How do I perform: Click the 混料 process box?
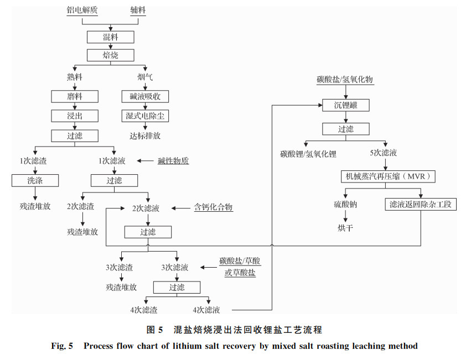(x=111, y=37)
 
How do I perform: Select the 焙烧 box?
(x=111, y=55)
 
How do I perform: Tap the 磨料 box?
(x=75, y=96)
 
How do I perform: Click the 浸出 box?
(x=75, y=116)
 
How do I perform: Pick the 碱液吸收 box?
(x=145, y=96)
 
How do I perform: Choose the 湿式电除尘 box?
(x=145, y=116)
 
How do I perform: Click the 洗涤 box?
(x=35, y=180)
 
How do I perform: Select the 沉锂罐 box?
(x=346, y=105)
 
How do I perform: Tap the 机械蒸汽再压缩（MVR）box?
(x=388, y=176)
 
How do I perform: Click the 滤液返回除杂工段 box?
(x=421, y=205)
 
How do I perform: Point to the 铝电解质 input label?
(x=82, y=10)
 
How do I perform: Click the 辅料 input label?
(x=138, y=10)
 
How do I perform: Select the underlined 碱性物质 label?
(x=173, y=161)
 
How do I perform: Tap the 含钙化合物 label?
(x=214, y=207)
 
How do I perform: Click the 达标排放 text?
(x=145, y=135)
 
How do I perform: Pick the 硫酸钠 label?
(x=345, y=205)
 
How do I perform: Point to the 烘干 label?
(x=345, y=228)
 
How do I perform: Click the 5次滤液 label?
(x=384, y=153)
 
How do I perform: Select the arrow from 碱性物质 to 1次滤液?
(x=145, y=161)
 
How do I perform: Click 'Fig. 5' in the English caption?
(x=62, y=346)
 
